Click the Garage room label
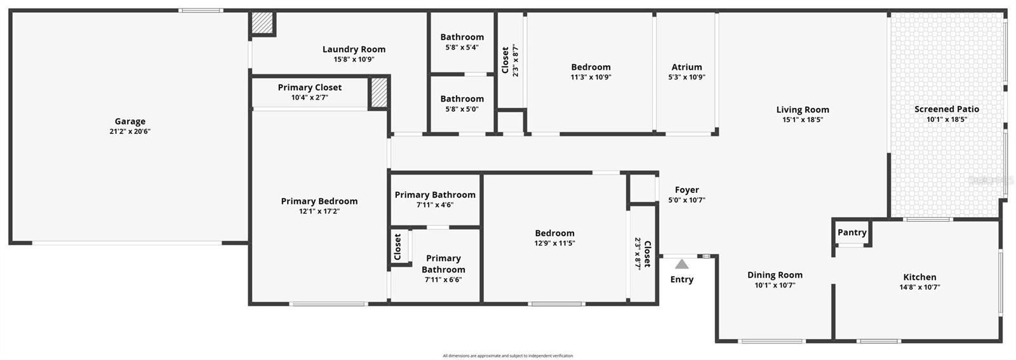pos(130,121)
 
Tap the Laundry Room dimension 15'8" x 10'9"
pos(354,60)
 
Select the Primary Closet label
pos(309,88)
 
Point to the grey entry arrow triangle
pos(681,264)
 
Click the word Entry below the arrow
pos(681,279)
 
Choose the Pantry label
pos(852,232)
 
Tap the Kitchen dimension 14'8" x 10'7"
pos(919,287)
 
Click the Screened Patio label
pos(946,109)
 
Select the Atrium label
pos(686,67)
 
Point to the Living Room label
pos(802,110)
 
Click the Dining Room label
pos(774,275)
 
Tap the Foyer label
pos(686,190)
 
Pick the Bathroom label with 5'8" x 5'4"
pos(462,37)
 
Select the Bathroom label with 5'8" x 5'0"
pos(462,99)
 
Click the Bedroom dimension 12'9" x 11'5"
pos(554,243)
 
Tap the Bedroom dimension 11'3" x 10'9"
pos(591,77)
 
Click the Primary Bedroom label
pos(319,201)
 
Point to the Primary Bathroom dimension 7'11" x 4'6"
pos(435,205)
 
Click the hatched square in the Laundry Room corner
pos(262,23)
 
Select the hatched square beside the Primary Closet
pos(379,93)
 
